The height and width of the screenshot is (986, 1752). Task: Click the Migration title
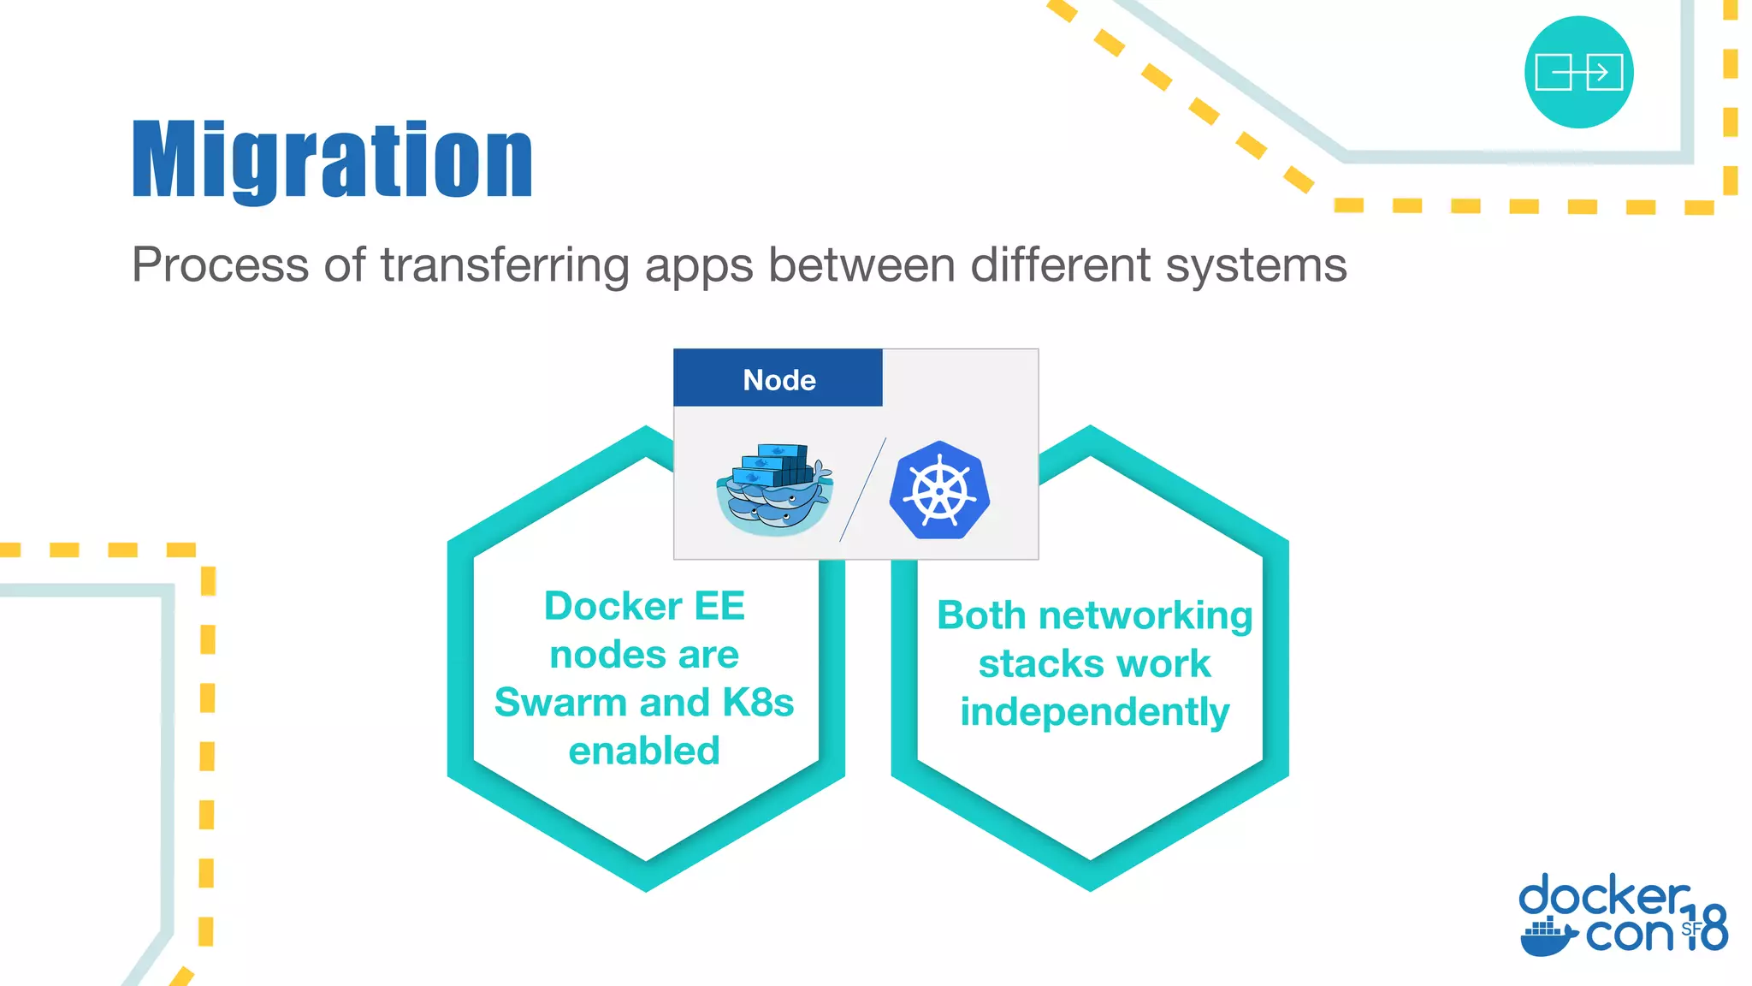coord(333,160)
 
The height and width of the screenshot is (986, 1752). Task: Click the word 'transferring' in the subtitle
coord(505,265)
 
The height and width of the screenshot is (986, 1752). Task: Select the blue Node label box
coord(778,378)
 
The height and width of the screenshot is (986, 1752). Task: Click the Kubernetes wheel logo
coord(939,490)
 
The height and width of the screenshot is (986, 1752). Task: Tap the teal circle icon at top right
coord(1578,72)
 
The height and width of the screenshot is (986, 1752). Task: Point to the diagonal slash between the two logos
coord(862,490)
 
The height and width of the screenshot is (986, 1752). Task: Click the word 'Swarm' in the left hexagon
coord(560,703)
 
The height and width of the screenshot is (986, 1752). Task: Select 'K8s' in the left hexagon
coord(758,703)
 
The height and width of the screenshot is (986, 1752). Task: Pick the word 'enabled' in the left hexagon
coord(644,751)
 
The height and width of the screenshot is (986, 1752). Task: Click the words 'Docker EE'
coord(644,606)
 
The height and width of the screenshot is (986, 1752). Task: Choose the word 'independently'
coord(1094,712)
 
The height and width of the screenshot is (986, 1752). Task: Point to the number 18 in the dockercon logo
coord(1707,928)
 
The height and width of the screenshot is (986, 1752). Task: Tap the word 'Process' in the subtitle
coord(220,265)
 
